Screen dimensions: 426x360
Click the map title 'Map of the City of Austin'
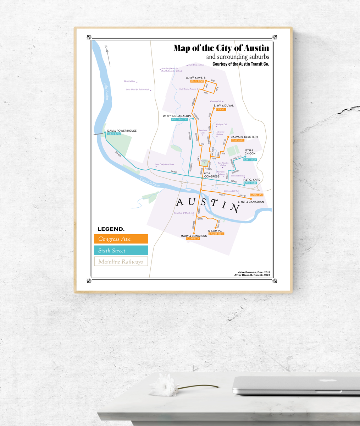tap(221, 48)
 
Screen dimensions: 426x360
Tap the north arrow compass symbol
tap(107, 55)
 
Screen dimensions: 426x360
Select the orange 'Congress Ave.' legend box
tap(121, 239)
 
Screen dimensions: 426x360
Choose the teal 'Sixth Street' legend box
tap(121, 251)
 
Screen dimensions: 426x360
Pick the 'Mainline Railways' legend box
tap(121, 262)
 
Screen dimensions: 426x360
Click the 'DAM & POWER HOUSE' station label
tap(122, 131)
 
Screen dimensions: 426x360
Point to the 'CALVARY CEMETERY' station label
tap(244, 137)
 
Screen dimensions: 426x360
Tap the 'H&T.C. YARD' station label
tap(252, 180)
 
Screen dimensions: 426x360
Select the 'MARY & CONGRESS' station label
tap(194, 236)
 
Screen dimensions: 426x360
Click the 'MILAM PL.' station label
tap(215, 231)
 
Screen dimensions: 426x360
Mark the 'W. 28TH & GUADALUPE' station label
tap(177, 116)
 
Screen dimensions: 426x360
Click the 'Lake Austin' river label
tap(106, 91)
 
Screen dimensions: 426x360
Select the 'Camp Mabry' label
tap(129, 81)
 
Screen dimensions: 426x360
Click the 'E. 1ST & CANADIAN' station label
tap(251, 202)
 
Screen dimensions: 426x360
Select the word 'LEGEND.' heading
tap(111, 229)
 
